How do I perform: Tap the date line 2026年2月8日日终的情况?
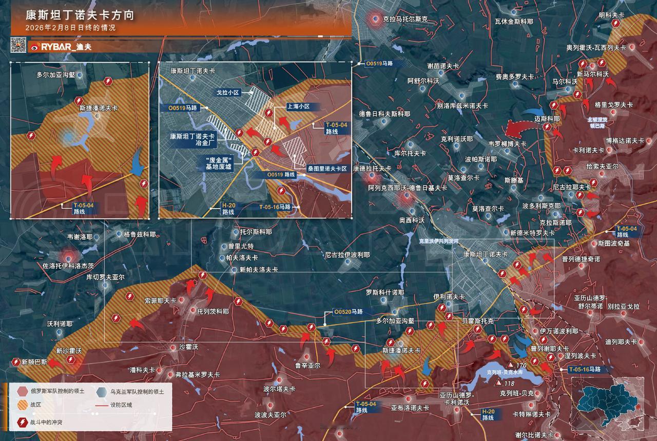(70, 28)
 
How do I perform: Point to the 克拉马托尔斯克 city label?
(405, 19)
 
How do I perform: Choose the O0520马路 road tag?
(348, 311)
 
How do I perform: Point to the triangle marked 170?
(512, 365)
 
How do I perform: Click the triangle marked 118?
(497, 383)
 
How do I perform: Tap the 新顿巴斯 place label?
(34, 362)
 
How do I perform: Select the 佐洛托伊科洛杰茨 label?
(68, 266)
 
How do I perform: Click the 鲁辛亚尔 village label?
(307, 366)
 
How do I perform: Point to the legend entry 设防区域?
(126, 405)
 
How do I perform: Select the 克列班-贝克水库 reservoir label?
(500, 372)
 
